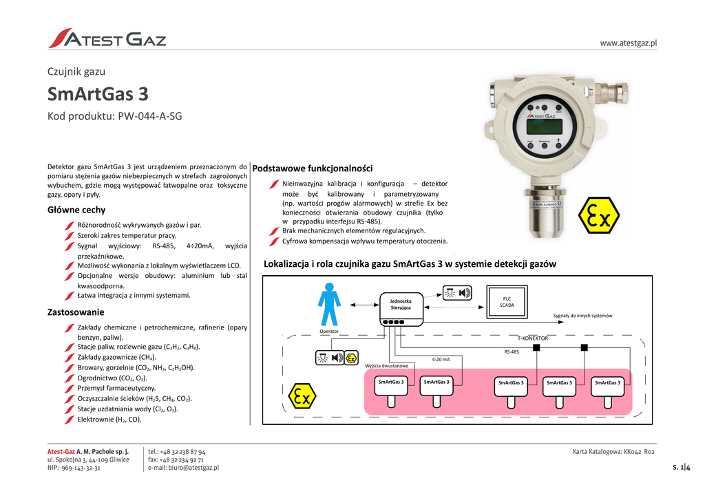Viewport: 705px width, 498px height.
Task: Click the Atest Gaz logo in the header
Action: (107, 39)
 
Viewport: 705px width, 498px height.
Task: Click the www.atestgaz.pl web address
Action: (629, 43)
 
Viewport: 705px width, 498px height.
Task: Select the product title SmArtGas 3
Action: (97, 94)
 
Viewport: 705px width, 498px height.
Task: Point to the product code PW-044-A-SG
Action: (114, 116)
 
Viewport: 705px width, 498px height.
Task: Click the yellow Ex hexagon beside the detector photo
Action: (598, 217)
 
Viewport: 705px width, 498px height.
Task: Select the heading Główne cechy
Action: (76, 210)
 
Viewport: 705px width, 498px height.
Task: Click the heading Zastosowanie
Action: (75, 312)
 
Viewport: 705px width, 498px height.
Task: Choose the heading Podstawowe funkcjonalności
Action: (313, 169)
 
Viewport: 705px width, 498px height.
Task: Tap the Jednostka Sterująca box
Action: (401, 304)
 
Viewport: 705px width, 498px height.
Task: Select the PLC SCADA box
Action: (507, 301)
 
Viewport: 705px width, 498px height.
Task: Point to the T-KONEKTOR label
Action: (532, 338)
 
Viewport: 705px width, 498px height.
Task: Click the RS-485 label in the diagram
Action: (512, 351)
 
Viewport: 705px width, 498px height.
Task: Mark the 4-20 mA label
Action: (441, 359)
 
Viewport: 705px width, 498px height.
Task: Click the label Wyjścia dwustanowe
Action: (386, 365)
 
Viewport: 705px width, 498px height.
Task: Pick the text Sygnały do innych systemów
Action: (582, 316)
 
